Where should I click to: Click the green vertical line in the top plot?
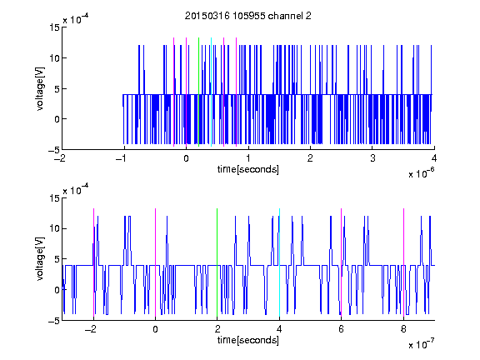198,92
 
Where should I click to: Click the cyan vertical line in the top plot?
211,92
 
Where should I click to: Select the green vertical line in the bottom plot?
217,262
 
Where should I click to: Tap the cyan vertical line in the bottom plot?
279,262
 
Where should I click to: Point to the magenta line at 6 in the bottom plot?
342,262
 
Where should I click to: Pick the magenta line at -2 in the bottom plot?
93,262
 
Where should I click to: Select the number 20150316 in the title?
207,16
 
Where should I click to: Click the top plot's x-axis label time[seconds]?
248,169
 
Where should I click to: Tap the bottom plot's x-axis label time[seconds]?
248,340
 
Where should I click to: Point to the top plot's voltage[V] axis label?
40,89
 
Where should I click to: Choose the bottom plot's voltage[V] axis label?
40,259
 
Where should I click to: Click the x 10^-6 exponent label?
421,173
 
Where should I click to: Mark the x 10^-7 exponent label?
421,344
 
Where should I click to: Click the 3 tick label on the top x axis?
372,158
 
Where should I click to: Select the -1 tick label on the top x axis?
122,158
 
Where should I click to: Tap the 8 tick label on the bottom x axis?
403,329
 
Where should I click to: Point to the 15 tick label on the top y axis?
55,27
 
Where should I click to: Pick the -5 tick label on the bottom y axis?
54,321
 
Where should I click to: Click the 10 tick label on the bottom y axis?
55,228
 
